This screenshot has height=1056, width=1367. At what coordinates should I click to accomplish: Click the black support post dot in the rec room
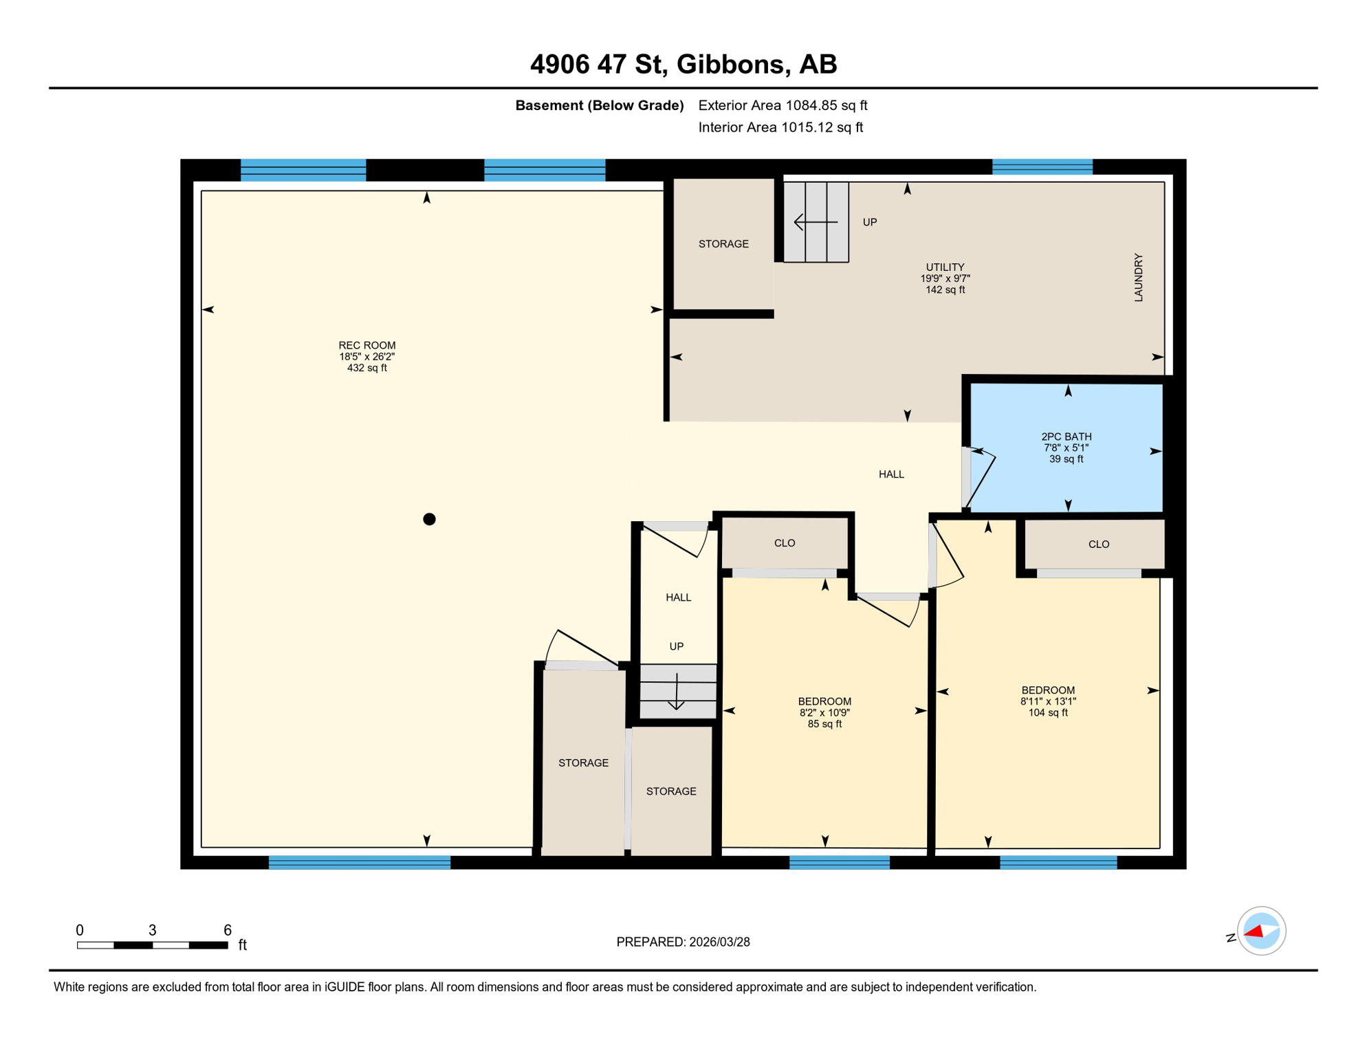429,519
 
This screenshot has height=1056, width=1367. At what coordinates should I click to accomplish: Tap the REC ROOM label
367,345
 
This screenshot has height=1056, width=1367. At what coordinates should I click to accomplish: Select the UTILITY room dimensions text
945,278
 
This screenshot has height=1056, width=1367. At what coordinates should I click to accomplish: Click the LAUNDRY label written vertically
1138,277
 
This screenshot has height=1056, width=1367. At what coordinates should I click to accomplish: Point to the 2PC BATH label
1066,437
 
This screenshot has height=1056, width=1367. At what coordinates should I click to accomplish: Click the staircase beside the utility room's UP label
816,222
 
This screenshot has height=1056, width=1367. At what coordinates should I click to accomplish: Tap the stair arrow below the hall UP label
677,692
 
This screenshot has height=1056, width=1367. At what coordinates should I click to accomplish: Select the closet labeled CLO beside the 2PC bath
1098,544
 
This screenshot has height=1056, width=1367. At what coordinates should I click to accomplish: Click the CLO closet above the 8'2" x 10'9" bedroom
784,543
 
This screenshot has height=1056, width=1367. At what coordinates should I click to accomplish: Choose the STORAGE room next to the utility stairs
723,244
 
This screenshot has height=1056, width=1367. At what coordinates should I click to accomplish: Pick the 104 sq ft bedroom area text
1047,713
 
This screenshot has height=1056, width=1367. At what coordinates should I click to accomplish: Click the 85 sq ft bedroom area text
824,724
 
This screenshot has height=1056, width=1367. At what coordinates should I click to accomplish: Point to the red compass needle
1254,932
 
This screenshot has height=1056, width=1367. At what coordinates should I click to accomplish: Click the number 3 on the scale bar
152,930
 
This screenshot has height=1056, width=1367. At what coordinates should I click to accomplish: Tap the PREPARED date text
683,942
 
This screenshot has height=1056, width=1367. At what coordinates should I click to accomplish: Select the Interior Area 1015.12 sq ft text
780,127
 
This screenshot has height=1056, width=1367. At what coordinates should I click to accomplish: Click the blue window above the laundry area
1042,166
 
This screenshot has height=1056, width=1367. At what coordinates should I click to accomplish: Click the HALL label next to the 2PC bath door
891,474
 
